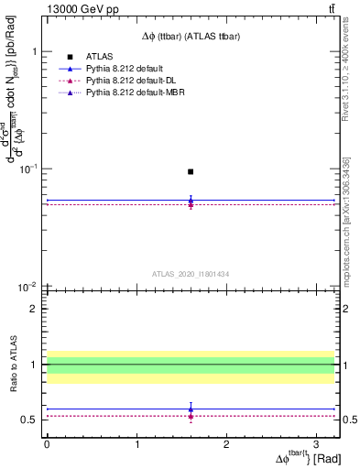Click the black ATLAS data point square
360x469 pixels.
pos(191,171)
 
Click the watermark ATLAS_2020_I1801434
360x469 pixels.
pos(191,274)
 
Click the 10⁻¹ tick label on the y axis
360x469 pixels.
pos(29,169)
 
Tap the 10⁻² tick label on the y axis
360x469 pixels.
pos(29,287)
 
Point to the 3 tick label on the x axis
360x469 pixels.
pos(316,442)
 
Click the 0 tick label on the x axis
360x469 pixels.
pos(47,442)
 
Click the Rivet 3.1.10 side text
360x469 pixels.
pos(348,78)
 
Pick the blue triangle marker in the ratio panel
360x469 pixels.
pos(191,409)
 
